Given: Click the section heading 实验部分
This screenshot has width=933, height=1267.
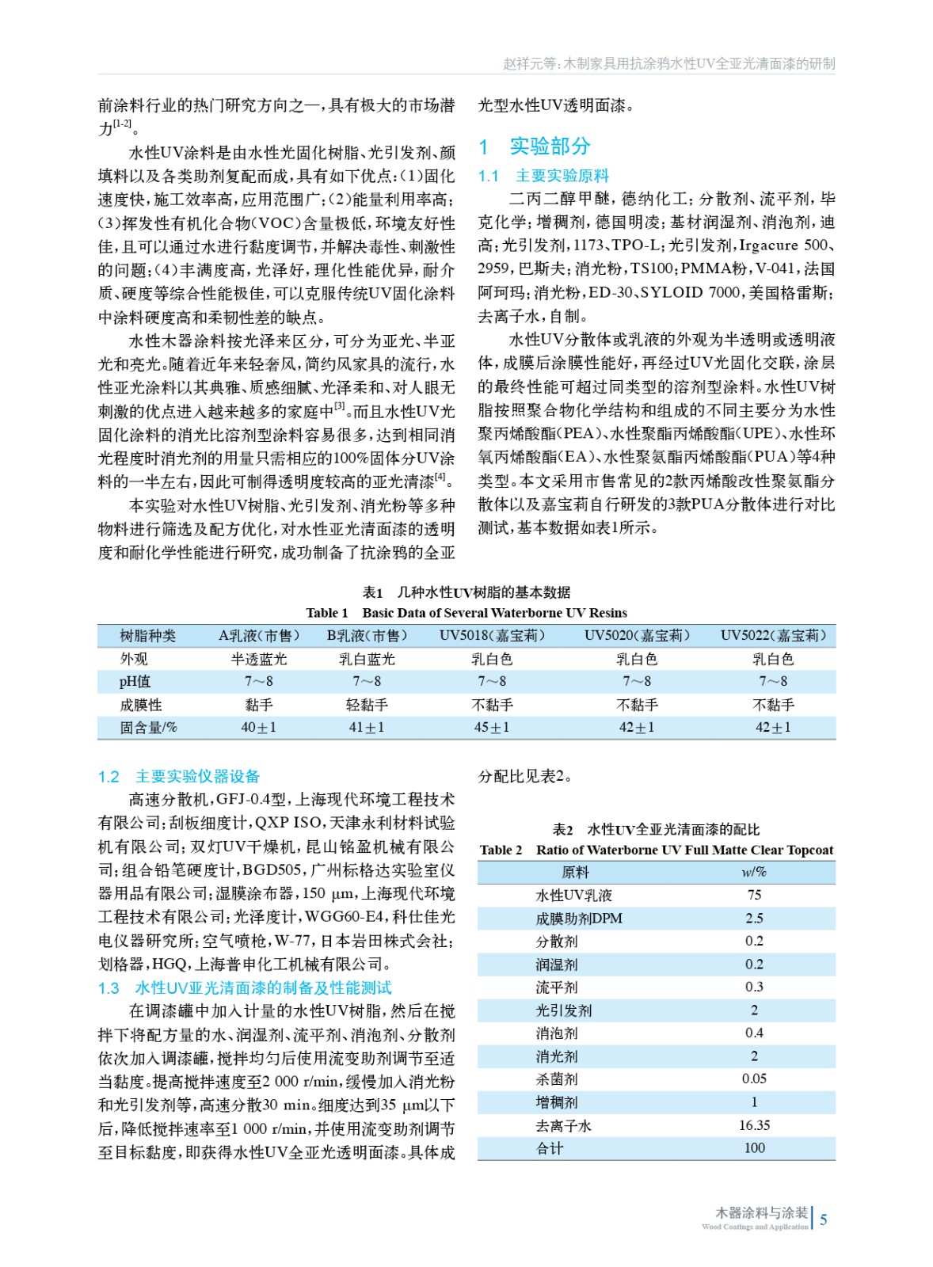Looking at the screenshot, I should click(550, 146).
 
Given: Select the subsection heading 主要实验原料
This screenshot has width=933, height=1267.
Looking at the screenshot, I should click(562, 176).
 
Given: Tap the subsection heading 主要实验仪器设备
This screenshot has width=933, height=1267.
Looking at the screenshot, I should click(197, 776).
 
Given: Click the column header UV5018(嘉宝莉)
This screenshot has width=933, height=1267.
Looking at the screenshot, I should click(492, 635).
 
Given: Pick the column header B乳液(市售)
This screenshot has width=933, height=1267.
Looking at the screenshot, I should click(367, 635).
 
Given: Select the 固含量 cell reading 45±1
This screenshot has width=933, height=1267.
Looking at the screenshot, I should click(492, 727).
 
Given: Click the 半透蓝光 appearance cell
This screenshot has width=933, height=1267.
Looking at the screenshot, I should click(258, 659).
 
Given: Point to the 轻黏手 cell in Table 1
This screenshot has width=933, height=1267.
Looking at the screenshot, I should click(367, 705).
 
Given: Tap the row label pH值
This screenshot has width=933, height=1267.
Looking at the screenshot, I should click(135, 681).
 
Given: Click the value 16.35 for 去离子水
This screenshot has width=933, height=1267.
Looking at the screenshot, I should click(754, 1125).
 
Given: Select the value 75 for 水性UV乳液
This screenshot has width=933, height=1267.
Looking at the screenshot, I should click(754, 895).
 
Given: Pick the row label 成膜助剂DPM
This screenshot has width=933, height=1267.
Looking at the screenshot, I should click(579, 919).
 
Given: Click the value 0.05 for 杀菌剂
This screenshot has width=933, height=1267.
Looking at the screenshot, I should click(754, 1079).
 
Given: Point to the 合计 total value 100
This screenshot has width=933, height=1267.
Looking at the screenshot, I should click(754, 1148).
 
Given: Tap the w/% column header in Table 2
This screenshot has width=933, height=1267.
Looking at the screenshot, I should click(754, 872).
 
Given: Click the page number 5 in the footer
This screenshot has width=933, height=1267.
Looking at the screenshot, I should click(824, 1219).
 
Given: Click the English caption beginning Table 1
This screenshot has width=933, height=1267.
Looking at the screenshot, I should click(466, 612).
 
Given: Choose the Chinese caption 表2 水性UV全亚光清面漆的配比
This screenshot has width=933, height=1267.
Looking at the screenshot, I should click(656, 829).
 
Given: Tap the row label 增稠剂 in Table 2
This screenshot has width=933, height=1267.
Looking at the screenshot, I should click(557, 1102).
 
